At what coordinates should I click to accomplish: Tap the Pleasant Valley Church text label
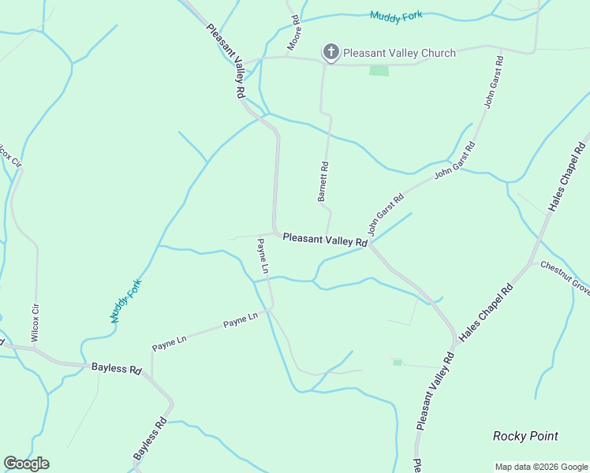click(399, 53)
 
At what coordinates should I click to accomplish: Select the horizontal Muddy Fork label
click(397, 14)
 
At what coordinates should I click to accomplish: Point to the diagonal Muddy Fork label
click(125, 300)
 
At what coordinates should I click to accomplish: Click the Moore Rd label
click(293, 33)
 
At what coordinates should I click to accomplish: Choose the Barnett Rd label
click(323, 181)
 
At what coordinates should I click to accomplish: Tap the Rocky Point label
click(525, 436)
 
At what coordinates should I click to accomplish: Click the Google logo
click(26, 464)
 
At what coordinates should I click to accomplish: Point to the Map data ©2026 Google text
click(540, 467)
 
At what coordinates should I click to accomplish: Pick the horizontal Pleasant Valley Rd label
click(325, 238)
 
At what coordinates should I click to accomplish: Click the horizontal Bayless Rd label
click(116, 368)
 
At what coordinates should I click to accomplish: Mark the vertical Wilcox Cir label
click(35, 322)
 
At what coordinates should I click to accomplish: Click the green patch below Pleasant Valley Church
click(379, 71)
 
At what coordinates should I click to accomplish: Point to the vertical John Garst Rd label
click(494, 81)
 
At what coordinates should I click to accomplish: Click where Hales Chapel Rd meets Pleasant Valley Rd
click(456, 341)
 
